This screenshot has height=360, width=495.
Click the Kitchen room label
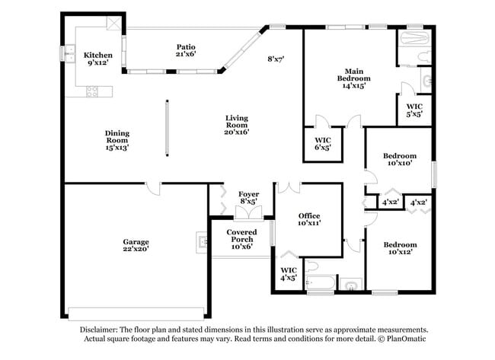98,59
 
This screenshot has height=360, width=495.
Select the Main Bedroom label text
354,78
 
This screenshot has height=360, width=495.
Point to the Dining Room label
117,140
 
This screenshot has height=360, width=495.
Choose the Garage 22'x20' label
136,246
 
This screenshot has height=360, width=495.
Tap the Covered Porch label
241,239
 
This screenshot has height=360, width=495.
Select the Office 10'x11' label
308,219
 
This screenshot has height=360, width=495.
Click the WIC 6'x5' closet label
323,144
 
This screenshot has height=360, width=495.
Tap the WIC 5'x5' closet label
414,110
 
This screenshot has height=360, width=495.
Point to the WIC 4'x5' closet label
288,274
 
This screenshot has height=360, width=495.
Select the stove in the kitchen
92,92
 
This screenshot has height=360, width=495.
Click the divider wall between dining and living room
167,128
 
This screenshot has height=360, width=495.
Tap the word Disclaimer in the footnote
104,330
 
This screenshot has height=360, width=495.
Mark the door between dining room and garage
155,186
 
